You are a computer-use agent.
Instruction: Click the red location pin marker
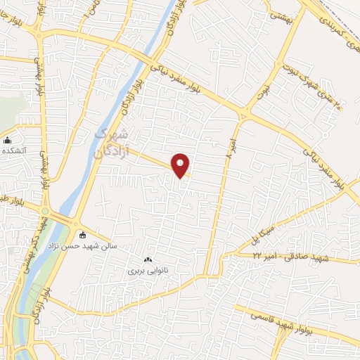181,165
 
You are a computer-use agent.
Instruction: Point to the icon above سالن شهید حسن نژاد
84,235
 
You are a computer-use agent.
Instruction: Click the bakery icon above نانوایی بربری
147,260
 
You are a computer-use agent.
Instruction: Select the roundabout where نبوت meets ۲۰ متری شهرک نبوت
245,115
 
